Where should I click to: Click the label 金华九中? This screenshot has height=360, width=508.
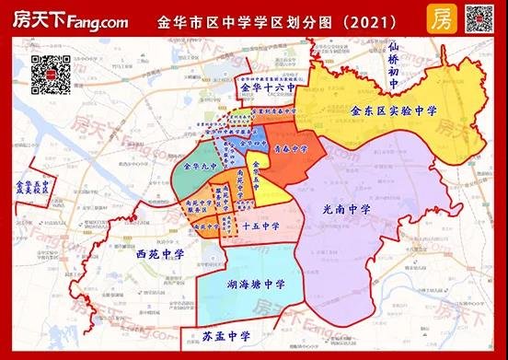[x=199, y=168]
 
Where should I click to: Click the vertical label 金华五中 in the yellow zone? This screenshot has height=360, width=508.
[x=256, y=173]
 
